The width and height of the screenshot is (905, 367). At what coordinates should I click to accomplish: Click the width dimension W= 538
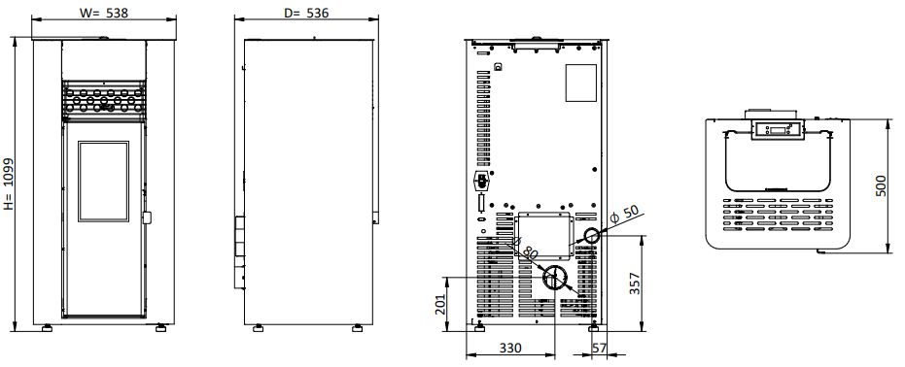(x=104, y=13)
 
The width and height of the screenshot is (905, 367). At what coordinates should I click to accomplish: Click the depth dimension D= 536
(x=306, y=13)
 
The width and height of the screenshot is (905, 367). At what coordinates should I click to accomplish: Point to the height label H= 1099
(x=9, y=183)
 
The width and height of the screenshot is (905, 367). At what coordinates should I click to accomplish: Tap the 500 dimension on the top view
(x=881, y=185)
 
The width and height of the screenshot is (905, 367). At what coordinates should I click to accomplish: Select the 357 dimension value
(x=635, y=283)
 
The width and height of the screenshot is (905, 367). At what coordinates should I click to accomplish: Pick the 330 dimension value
(x=510, y=348)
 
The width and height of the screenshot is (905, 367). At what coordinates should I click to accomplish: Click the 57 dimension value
(x=600, y=348)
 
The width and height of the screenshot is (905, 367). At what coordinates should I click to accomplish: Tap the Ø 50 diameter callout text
(x=624, y=215)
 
